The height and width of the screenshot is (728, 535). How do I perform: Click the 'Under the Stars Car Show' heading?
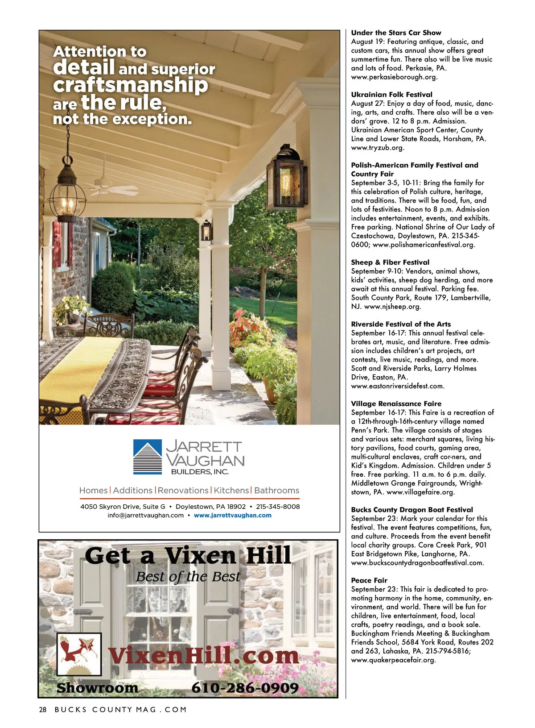396,33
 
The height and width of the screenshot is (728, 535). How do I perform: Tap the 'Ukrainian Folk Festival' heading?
391,95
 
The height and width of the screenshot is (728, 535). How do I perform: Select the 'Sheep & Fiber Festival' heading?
390,262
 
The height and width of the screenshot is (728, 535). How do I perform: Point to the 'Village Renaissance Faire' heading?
396,404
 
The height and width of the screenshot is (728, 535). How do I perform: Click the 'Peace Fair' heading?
369,581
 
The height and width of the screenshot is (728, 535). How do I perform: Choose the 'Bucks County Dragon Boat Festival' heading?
412,510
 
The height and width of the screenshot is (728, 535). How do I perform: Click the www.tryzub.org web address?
378,148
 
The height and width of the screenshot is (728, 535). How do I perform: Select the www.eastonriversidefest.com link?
398,386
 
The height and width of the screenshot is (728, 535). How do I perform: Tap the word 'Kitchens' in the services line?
231,491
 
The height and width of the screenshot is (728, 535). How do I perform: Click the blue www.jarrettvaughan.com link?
232,516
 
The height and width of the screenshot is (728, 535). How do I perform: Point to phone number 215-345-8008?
278,507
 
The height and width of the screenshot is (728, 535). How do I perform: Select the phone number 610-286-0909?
245,688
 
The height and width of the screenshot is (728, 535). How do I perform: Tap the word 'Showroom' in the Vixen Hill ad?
97,688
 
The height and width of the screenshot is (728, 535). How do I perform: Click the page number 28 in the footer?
43,710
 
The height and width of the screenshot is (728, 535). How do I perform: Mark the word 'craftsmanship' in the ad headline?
131,85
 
